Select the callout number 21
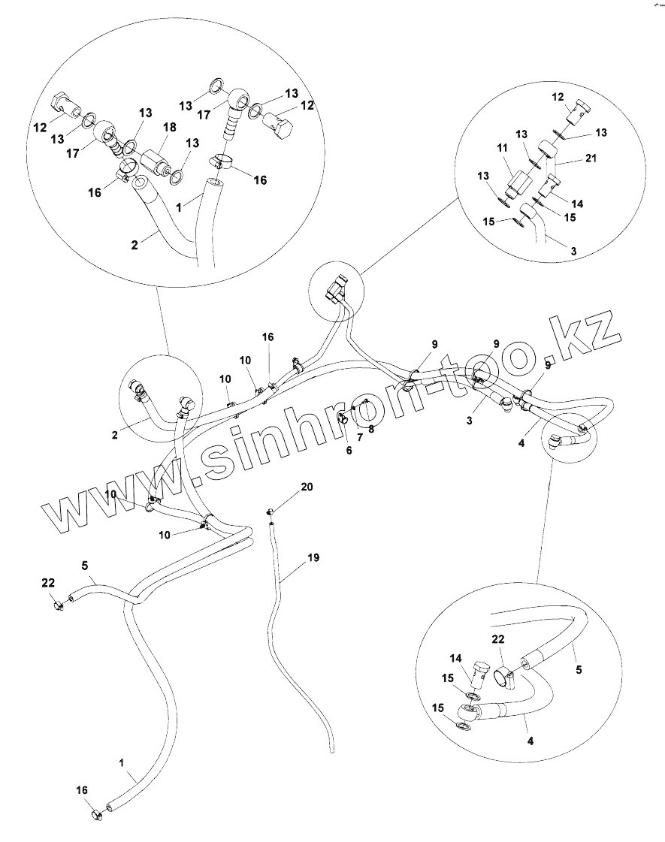click(x=571, y=158)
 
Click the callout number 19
click(x=313, y=557)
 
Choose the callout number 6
click(x=348, y=450)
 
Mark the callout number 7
click(x=359, y=436)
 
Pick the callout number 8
click(x=370, y=428)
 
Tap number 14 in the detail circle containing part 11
click(x=577, y=204)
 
